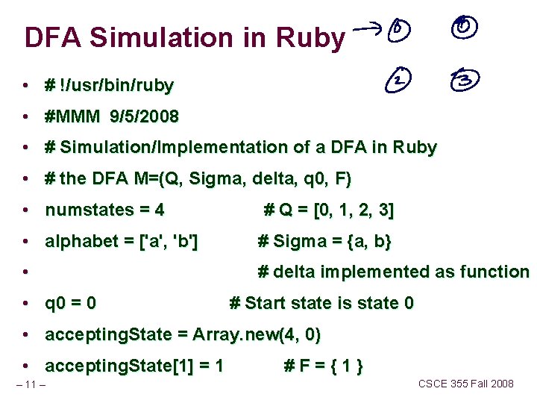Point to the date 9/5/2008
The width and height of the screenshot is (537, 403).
coord(144,116)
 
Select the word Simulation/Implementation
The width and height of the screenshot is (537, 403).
coord(168,148)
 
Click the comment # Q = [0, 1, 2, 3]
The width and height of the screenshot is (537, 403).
coord(329,210)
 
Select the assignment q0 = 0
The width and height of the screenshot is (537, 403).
coord(70,303)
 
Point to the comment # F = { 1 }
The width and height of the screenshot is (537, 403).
coord(324,366)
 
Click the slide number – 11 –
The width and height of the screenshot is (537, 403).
coord(31,385)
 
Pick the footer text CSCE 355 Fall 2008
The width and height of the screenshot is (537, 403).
coord(465,384)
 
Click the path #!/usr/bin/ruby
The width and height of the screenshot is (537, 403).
coord(109,86)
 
